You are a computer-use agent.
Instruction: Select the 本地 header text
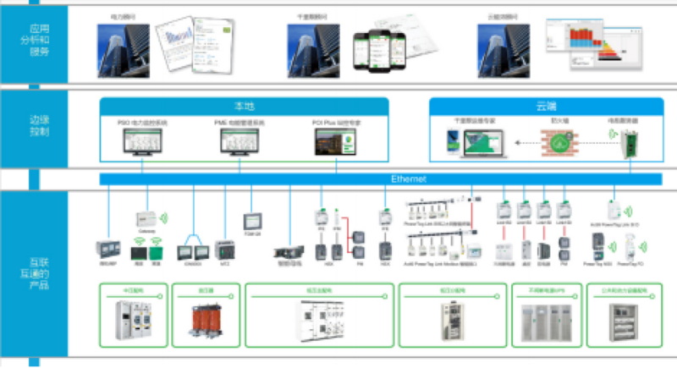(245, 107)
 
